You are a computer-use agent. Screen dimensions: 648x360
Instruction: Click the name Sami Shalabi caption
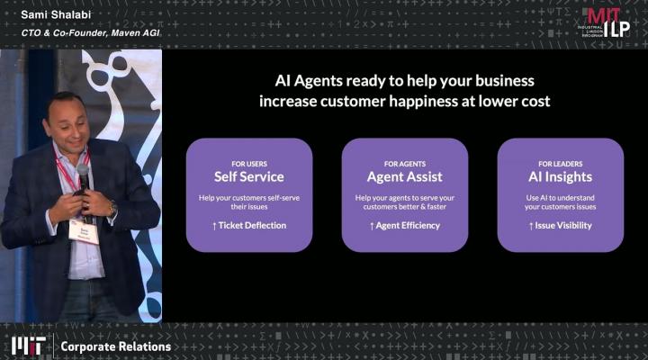click(x=56, y=15)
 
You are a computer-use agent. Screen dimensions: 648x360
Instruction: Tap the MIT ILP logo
click(x=607, y=22)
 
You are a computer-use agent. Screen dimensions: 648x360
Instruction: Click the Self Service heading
click(x=248, y=177)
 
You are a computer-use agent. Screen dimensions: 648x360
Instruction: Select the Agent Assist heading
click(x=405, y=177)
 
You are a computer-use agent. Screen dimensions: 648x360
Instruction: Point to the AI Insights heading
click(x=560, y=177)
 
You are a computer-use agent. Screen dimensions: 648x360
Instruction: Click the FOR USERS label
click(x=249, y=164)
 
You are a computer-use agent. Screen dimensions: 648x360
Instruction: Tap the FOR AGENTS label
click(x=405, y=164)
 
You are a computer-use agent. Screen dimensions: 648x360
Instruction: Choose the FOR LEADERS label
click(x=561, y=164)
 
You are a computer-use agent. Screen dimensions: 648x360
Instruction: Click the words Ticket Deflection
click(x=252, y=225)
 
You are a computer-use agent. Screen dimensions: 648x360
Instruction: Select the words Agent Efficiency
click(x=408, y=225)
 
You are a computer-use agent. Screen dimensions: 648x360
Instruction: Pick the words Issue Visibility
click(x=563, y=225)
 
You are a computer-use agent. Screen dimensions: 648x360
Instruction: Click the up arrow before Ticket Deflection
click(x=214, y=226)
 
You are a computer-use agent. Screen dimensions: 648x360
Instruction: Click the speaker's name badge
click(x=84, y=231)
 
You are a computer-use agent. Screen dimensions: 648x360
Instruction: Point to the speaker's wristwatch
click(x=112, y=208)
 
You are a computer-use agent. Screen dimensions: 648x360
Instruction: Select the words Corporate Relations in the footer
click(x=116, y=346)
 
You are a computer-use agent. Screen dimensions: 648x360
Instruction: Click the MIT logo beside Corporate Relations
click(x=28, y=346)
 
